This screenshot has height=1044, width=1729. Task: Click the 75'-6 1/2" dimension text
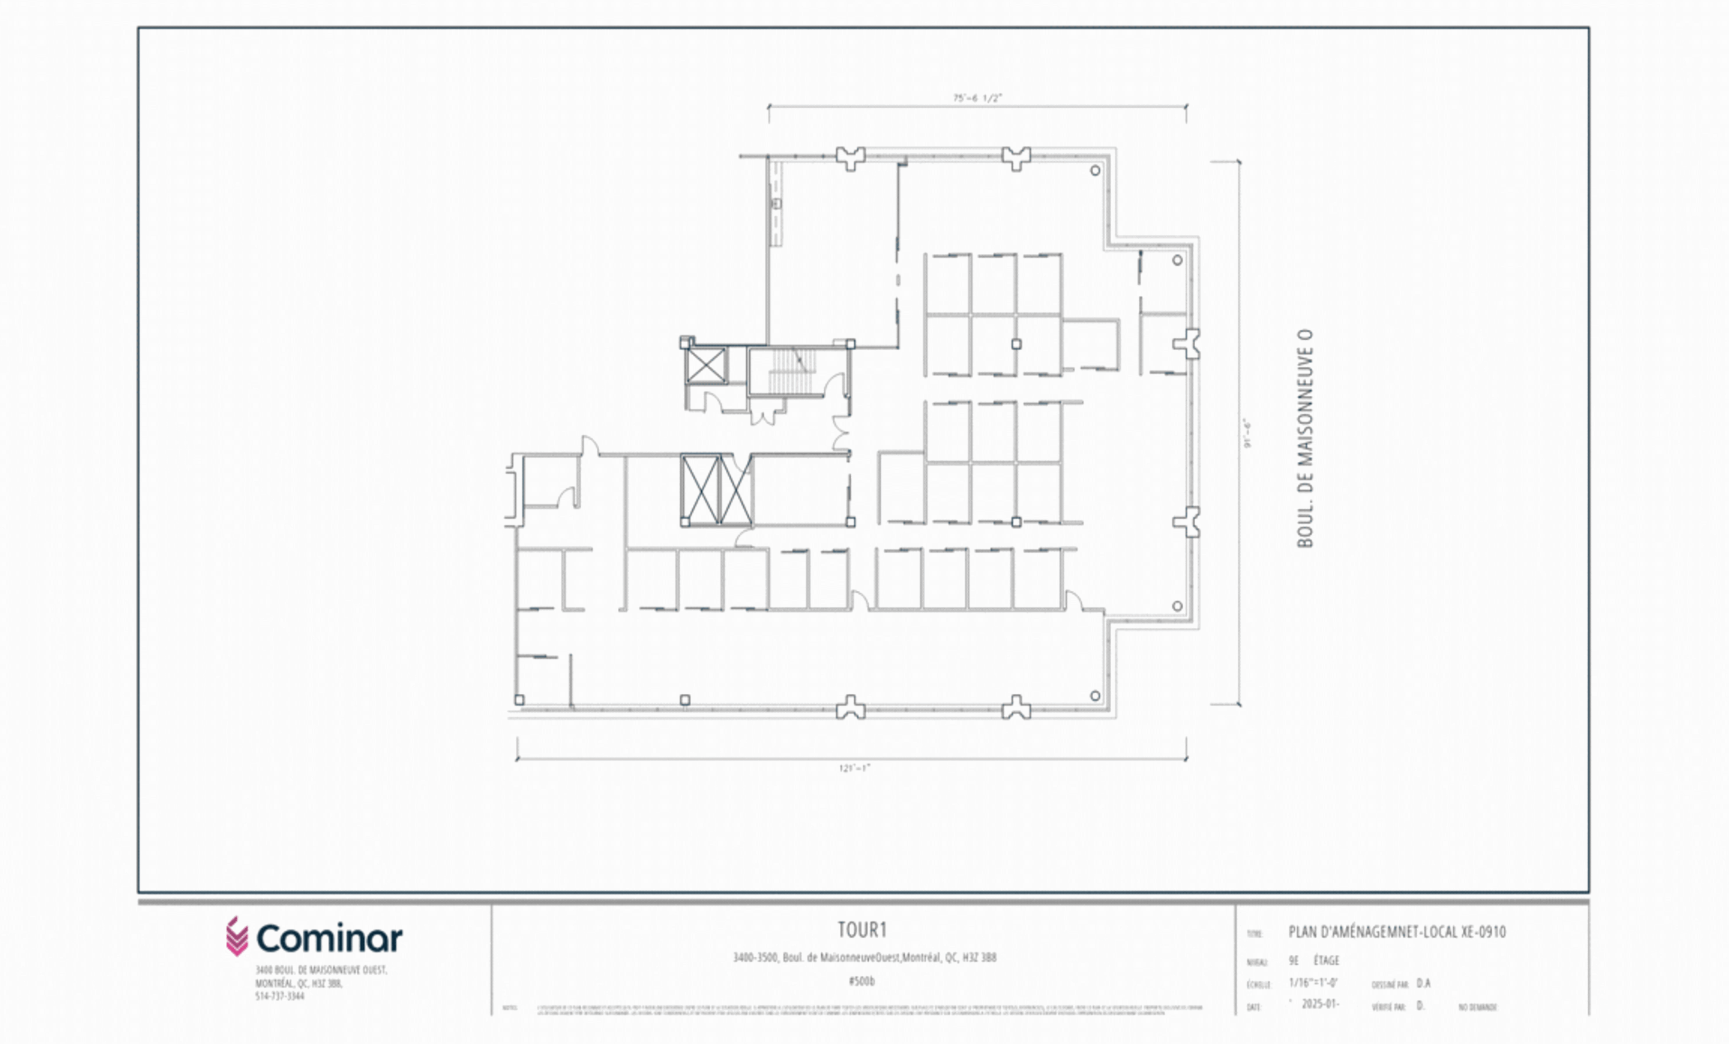[x=977, y=98]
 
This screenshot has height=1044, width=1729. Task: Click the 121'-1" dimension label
[x=854, y=768]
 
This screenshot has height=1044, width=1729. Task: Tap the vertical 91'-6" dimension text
[x=1247, y=433]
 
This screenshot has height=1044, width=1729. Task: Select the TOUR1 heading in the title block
[x=863, y=930]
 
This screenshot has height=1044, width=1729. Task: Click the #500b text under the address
[x=862, y=981]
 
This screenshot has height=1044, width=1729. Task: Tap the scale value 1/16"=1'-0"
[x=1313, y=982]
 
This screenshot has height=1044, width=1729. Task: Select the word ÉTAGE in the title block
[x=1326, y=960]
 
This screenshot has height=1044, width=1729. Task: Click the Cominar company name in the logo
[x=329, y=938]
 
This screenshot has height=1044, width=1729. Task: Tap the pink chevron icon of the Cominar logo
[x=236, y=937]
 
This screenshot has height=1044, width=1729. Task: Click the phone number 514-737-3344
[x=279, y=996]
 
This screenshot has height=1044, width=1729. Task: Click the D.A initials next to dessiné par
[x=1423, y=983]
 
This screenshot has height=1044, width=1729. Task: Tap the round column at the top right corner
[x=1095, y=170]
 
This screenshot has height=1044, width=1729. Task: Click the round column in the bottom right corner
[x=1095, y=696]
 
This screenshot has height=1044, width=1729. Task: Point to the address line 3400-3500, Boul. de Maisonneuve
[x=864, y=957]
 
